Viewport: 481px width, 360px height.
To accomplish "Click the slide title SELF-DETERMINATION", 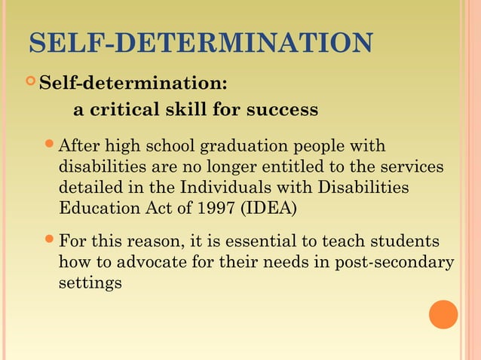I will coord(200,44).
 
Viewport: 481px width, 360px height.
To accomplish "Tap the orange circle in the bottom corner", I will coord(443,314).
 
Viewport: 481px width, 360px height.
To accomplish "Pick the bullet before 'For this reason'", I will coord(51,241).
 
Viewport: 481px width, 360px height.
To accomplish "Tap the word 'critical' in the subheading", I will coord(124,110).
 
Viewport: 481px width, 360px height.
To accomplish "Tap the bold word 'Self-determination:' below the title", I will coord(133,81).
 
